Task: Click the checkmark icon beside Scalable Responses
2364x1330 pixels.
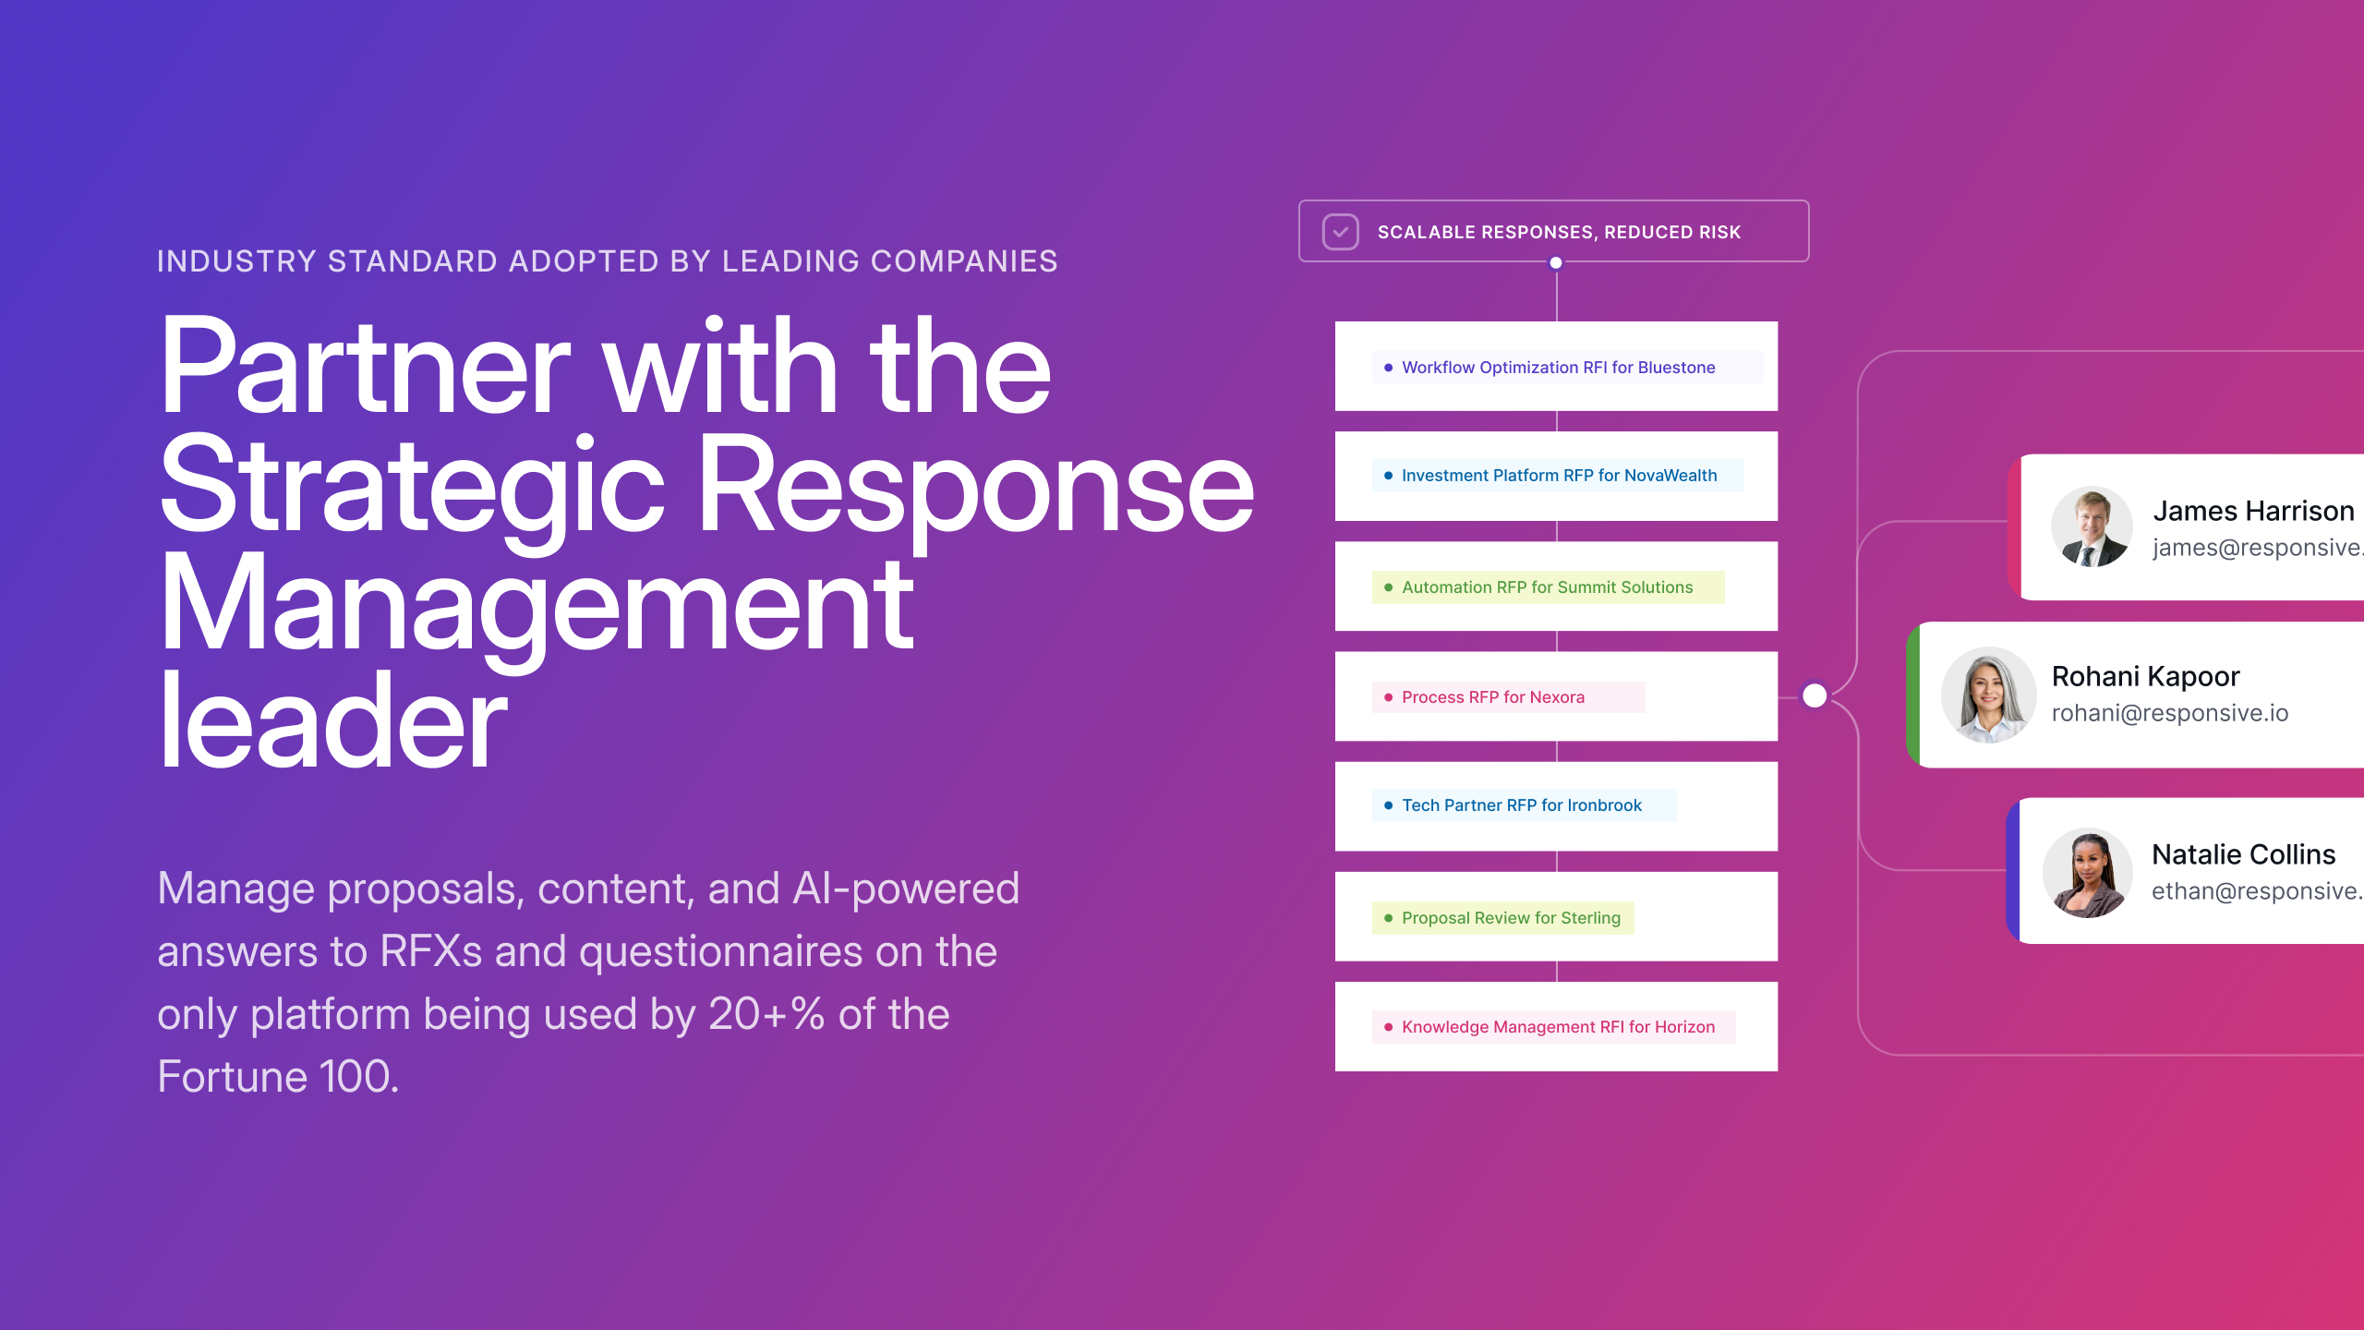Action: click(x=1340, y=232)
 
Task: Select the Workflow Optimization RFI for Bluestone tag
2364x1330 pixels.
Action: click(x=1567, y=368)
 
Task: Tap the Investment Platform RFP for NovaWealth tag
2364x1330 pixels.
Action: click(x=1557, y=476)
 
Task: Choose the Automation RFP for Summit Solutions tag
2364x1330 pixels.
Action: click(x=1548, y=587)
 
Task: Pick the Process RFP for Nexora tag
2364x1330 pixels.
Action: click(x=1508, y=697)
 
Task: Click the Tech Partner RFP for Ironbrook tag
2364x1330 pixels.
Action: click(x=1524, y=805)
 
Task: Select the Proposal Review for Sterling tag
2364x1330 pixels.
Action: click(x=1502, y=918)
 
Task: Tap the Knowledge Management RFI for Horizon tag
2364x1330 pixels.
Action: click(x=1553, y=1027)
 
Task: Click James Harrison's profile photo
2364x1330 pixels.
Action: click(x=2092, y=526)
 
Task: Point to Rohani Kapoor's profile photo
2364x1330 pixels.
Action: click(x=1988, y=695)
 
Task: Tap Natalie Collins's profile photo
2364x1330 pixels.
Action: click(x=2087, y=873)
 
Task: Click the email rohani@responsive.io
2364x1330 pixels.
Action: click(x=2170, y=713)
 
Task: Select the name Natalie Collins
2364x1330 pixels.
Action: click(x=2243, y=854)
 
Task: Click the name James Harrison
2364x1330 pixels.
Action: click(x=2253, y=511)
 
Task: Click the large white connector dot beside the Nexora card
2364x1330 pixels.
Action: click(x=1815, y=695)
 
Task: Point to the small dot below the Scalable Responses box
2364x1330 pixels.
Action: click(x=1556, y=263)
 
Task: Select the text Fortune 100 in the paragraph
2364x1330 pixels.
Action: click(x=278, y=1077)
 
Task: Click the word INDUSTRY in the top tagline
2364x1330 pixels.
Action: click(x=237, y=261)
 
